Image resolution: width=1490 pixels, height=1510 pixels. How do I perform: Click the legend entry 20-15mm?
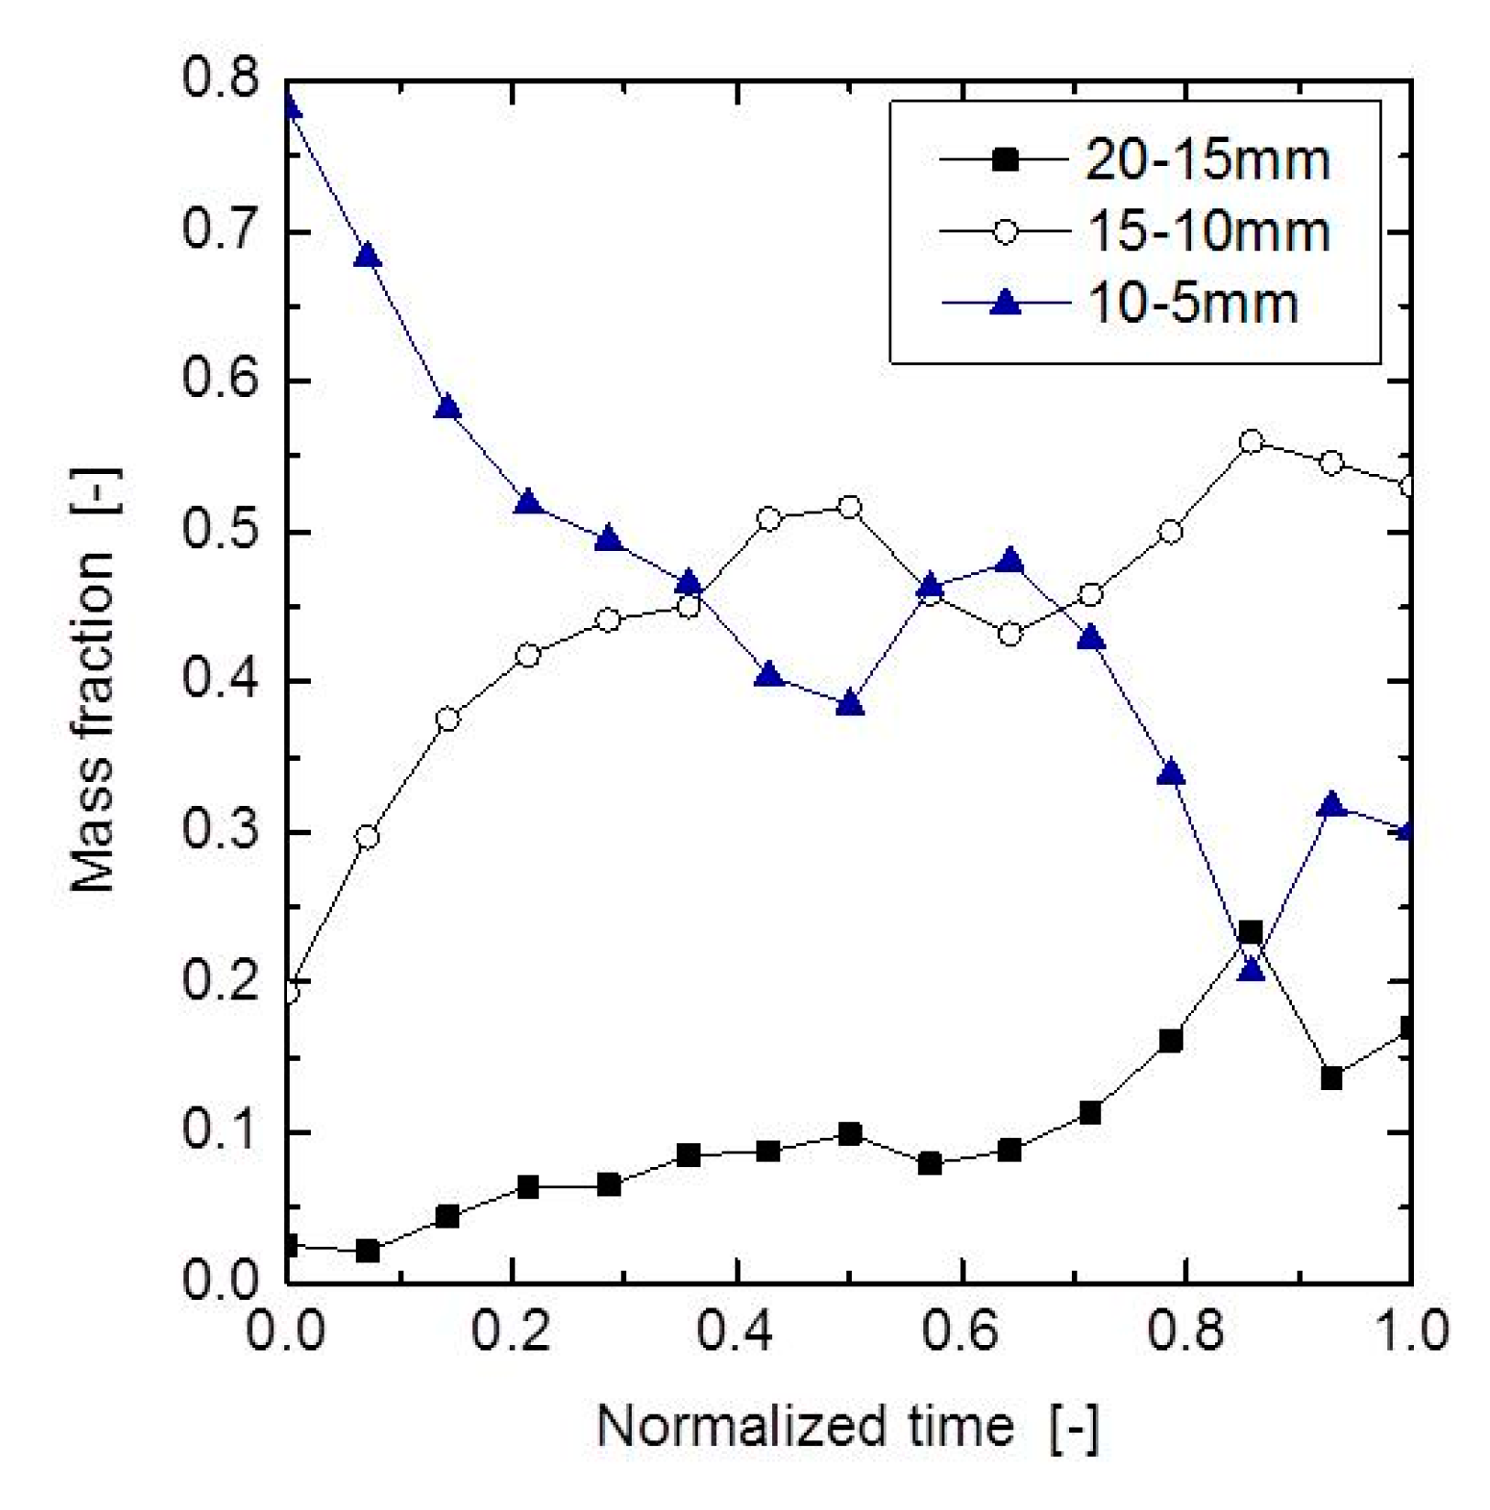1207,160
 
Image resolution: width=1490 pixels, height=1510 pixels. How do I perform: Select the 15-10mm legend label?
1209,231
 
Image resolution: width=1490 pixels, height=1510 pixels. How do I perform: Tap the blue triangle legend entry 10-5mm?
1192,303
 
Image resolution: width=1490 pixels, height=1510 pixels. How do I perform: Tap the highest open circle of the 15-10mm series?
1251,443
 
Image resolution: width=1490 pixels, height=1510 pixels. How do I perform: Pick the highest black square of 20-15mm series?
1251,933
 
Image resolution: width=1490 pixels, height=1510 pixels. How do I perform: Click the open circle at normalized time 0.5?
850,507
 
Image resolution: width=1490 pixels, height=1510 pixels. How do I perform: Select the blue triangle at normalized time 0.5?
850,704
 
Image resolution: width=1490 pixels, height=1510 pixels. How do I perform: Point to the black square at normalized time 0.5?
850,1135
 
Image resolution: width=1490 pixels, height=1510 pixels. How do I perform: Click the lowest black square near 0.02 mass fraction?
368,1251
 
